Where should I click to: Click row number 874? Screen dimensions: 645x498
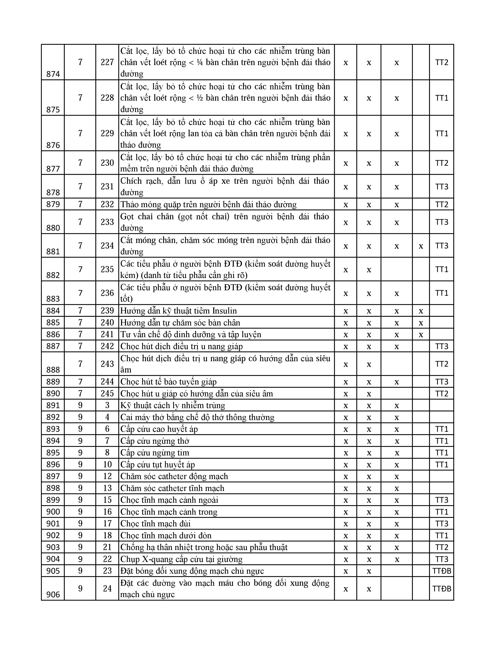coord(53,74)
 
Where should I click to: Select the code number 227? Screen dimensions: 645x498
coord(107,62)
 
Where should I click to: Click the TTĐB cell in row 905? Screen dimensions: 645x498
coord(442,571)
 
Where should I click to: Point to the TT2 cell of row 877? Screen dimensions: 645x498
coord(442,163)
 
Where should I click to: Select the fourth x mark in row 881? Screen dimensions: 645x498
coord(421,246)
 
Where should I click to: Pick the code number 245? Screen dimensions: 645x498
coord(107,394)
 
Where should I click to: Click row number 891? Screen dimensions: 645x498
coord(53,406)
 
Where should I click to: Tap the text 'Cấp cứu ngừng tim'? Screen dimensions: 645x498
coord(155,453)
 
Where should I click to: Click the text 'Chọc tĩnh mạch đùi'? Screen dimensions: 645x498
coord(155,524)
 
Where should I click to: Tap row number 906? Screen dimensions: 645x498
coord(53,595)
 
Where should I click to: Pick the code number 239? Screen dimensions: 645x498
coord(107,311)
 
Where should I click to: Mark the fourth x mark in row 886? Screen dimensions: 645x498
coord(421,335)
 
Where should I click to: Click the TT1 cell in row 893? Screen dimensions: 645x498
coord(442,429)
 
